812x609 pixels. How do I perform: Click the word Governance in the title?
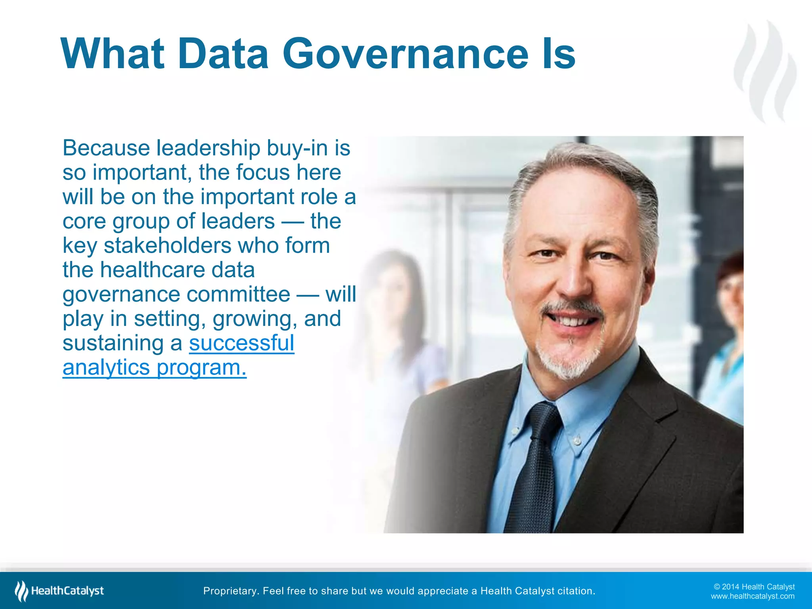[x=405, y=54]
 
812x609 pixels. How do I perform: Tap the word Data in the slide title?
[x=224, y=54]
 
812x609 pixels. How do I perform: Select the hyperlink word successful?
[x=241, y=343]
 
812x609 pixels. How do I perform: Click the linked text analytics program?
[x=155, y=368]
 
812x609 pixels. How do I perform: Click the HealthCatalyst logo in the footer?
[x=59, y=591]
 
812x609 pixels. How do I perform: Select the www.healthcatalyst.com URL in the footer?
[x=753, y=596]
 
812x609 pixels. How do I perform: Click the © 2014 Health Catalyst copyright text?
[x=754, y=587]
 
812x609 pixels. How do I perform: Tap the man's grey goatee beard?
[x=568, y=359]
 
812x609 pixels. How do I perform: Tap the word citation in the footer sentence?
[x=576, y=591]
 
